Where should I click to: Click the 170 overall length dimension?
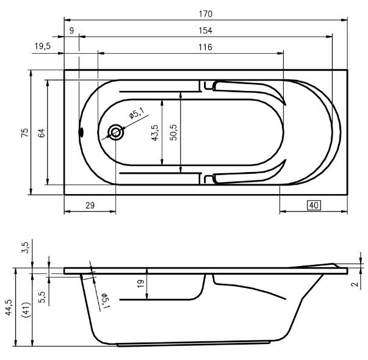205,13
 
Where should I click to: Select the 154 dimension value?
205,30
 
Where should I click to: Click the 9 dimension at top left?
72,30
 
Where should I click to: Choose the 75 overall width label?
24,132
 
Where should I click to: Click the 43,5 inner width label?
155,132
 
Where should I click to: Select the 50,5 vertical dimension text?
173,132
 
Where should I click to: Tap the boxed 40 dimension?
314,206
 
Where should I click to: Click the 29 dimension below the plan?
89,206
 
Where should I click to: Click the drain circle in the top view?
115,132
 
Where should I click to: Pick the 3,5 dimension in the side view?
25,247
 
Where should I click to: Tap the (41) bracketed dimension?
24,311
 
